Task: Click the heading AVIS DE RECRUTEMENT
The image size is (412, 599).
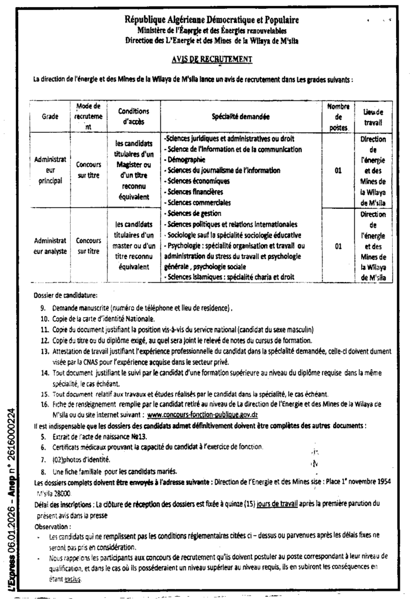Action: (212, 59)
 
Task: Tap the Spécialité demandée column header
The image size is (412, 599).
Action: (241, 116)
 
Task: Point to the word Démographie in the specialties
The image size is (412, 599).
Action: (190, 160)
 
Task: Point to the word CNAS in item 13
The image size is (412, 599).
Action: (91, 362)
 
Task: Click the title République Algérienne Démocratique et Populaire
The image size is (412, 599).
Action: (212, 20)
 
